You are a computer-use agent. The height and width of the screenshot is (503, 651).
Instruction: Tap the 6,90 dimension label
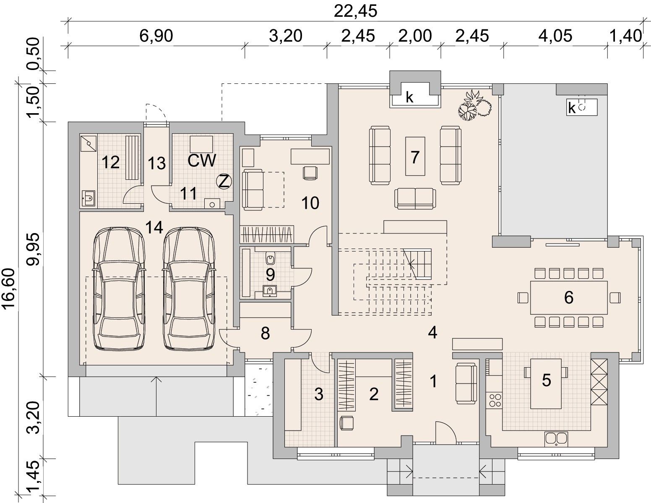click(x=156, y=36)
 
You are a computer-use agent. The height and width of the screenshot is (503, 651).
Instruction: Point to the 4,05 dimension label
click(x=555, y=36)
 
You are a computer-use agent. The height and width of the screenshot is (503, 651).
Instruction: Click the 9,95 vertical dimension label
click(x=33, y=249)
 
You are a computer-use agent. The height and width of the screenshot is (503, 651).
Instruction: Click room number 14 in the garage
click(x=154, y=227)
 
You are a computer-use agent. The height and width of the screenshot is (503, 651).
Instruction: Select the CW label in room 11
click(x=202, y=161)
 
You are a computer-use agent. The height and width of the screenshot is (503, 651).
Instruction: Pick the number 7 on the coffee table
click(x=415, y=157)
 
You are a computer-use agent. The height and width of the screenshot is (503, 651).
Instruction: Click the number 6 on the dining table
click(x=569, y=298)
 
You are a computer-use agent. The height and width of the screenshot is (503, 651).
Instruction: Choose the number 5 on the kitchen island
click(x=547, y=380)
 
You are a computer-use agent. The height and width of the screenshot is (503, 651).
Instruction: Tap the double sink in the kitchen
click(x=556, y=439)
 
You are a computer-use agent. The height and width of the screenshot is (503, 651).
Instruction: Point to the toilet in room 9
click(x=270, y=258)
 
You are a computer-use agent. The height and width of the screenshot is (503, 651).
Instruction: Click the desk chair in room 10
click(x=310, y=173)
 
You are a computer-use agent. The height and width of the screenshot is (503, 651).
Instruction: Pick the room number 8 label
click(x=265, y=333)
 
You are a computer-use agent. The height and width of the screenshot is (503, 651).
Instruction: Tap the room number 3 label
click(x=319, y=394)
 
